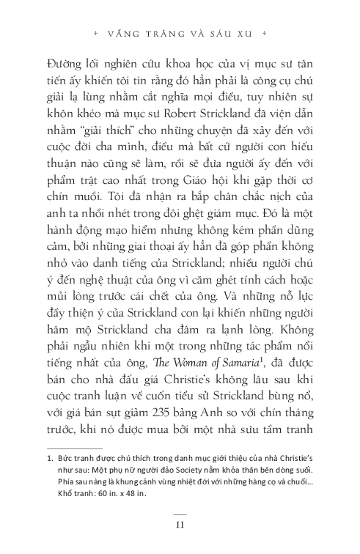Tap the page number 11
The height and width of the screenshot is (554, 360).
180,522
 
